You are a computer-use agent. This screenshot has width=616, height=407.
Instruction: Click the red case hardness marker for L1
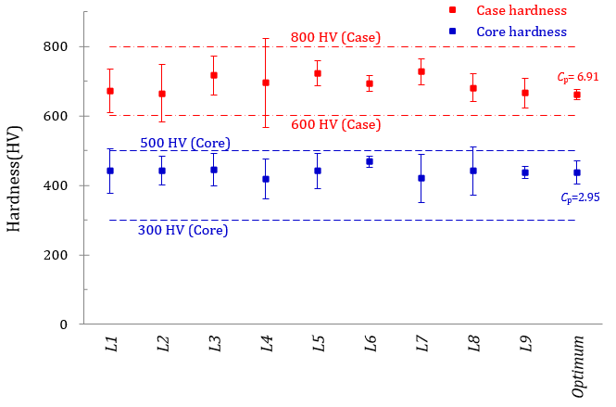point(110,91)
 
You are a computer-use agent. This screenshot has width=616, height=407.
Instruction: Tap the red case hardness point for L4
point(266,83)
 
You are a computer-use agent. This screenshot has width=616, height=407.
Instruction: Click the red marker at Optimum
point(577,95)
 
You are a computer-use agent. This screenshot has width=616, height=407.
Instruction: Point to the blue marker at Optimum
point(577,172)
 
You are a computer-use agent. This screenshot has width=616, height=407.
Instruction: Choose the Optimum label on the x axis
point(578,364)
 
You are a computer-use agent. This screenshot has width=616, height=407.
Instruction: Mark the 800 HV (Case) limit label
point(335,37)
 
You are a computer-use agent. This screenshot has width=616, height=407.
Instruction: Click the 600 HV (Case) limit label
point(335,125)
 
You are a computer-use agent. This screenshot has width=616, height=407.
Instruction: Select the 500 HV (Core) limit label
point(185,144)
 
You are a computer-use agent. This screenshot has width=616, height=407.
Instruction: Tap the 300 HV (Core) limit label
point(182,231)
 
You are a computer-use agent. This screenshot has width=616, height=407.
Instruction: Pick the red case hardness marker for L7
point(421,71)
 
